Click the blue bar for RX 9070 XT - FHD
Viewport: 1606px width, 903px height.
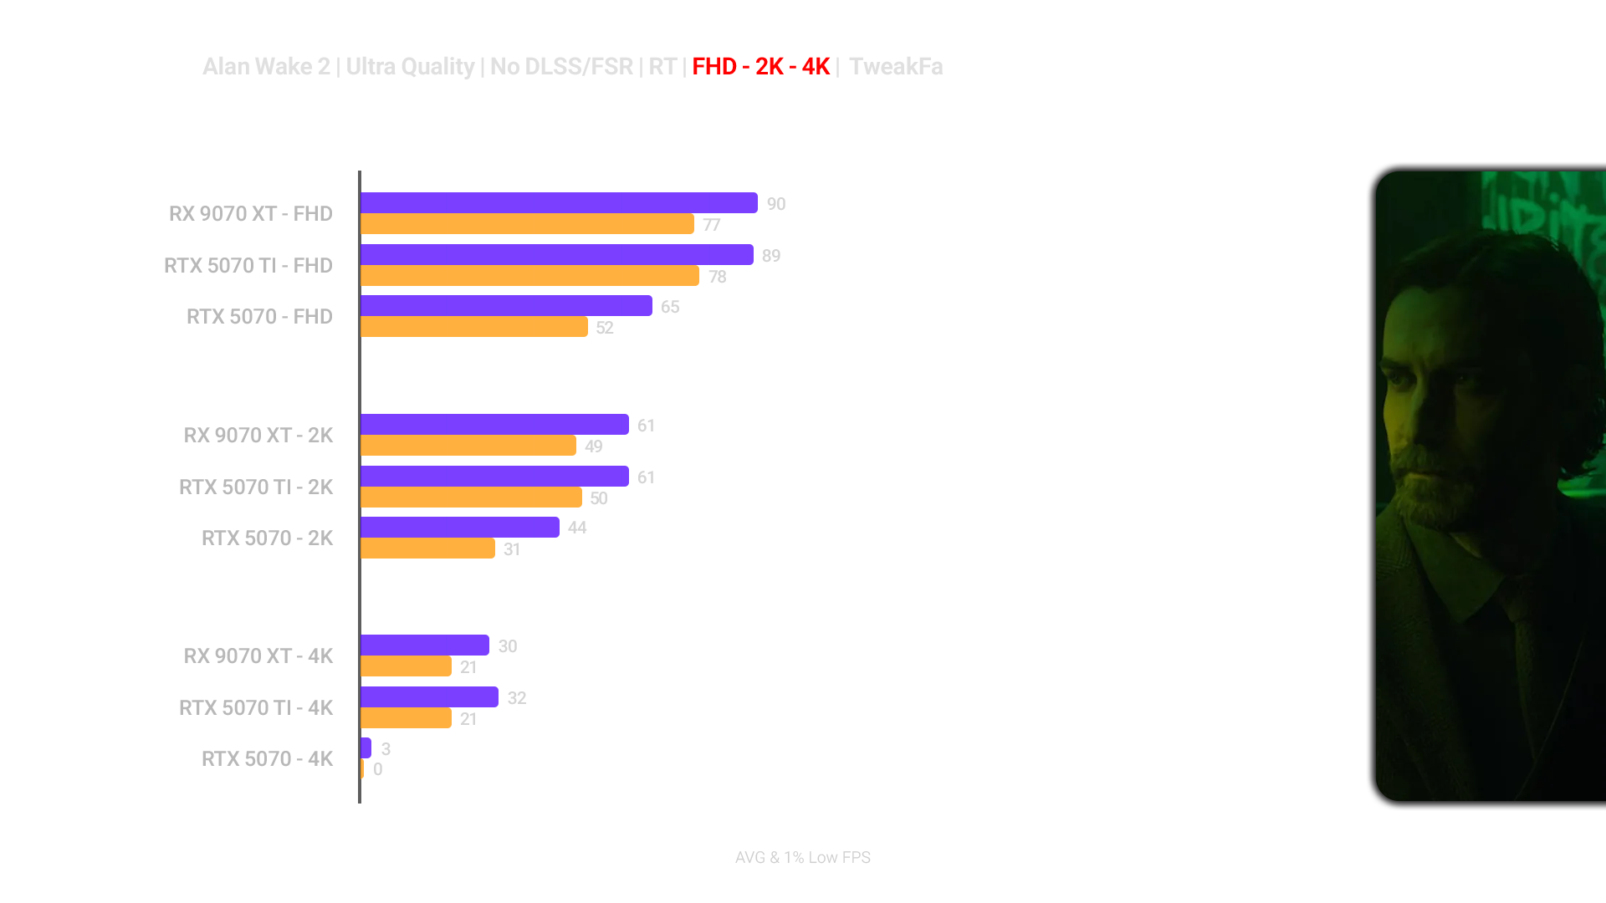(559, 203)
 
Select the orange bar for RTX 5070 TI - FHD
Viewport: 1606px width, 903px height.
(529, 276)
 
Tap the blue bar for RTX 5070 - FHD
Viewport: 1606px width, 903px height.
(506, 306)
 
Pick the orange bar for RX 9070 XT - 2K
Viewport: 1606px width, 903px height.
(468, 446)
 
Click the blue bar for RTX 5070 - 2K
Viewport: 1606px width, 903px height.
(460, 528)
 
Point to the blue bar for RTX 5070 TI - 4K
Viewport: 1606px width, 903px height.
(429, 697)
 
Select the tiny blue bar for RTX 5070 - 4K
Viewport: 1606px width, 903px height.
(366, 748)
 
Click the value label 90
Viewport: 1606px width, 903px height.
(776, 204)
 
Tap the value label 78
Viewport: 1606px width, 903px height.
(718, 277)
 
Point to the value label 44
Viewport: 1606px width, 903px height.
(577, 528)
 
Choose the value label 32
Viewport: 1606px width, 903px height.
(516, 698)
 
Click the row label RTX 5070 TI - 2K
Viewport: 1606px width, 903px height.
(256, 487)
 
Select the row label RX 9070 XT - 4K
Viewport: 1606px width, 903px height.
(258, 656)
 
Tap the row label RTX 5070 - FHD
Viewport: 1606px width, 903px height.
(259, 317)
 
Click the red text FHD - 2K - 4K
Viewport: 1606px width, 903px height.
(761, 67)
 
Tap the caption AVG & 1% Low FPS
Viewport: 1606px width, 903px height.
(802, 858)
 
